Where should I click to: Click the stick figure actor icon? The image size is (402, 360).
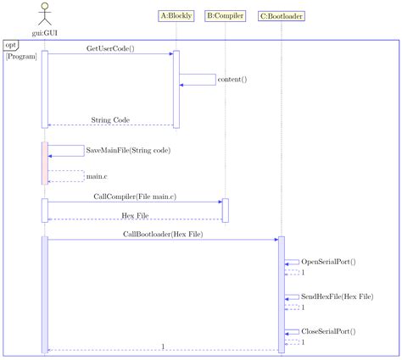44,14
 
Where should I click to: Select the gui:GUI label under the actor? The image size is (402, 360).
44,33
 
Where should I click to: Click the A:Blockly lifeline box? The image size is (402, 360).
176,15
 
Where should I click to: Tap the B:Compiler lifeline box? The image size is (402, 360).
225,15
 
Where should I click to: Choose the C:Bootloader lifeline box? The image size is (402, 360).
282,15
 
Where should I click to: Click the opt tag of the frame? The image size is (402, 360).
11,45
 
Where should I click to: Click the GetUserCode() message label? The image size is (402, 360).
110,48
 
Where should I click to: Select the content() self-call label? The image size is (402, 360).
232,80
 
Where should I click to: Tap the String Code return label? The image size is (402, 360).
110,120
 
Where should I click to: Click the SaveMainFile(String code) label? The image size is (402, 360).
127,150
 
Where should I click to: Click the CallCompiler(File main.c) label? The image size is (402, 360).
135,196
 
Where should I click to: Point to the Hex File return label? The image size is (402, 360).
135,215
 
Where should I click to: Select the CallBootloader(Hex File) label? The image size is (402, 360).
162,233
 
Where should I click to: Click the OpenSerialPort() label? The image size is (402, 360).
328,262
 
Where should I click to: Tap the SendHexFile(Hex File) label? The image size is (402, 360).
337,296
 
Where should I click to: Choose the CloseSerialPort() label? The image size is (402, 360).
328,331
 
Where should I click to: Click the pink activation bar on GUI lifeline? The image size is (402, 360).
44,162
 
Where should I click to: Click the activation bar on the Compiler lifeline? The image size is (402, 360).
225,210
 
